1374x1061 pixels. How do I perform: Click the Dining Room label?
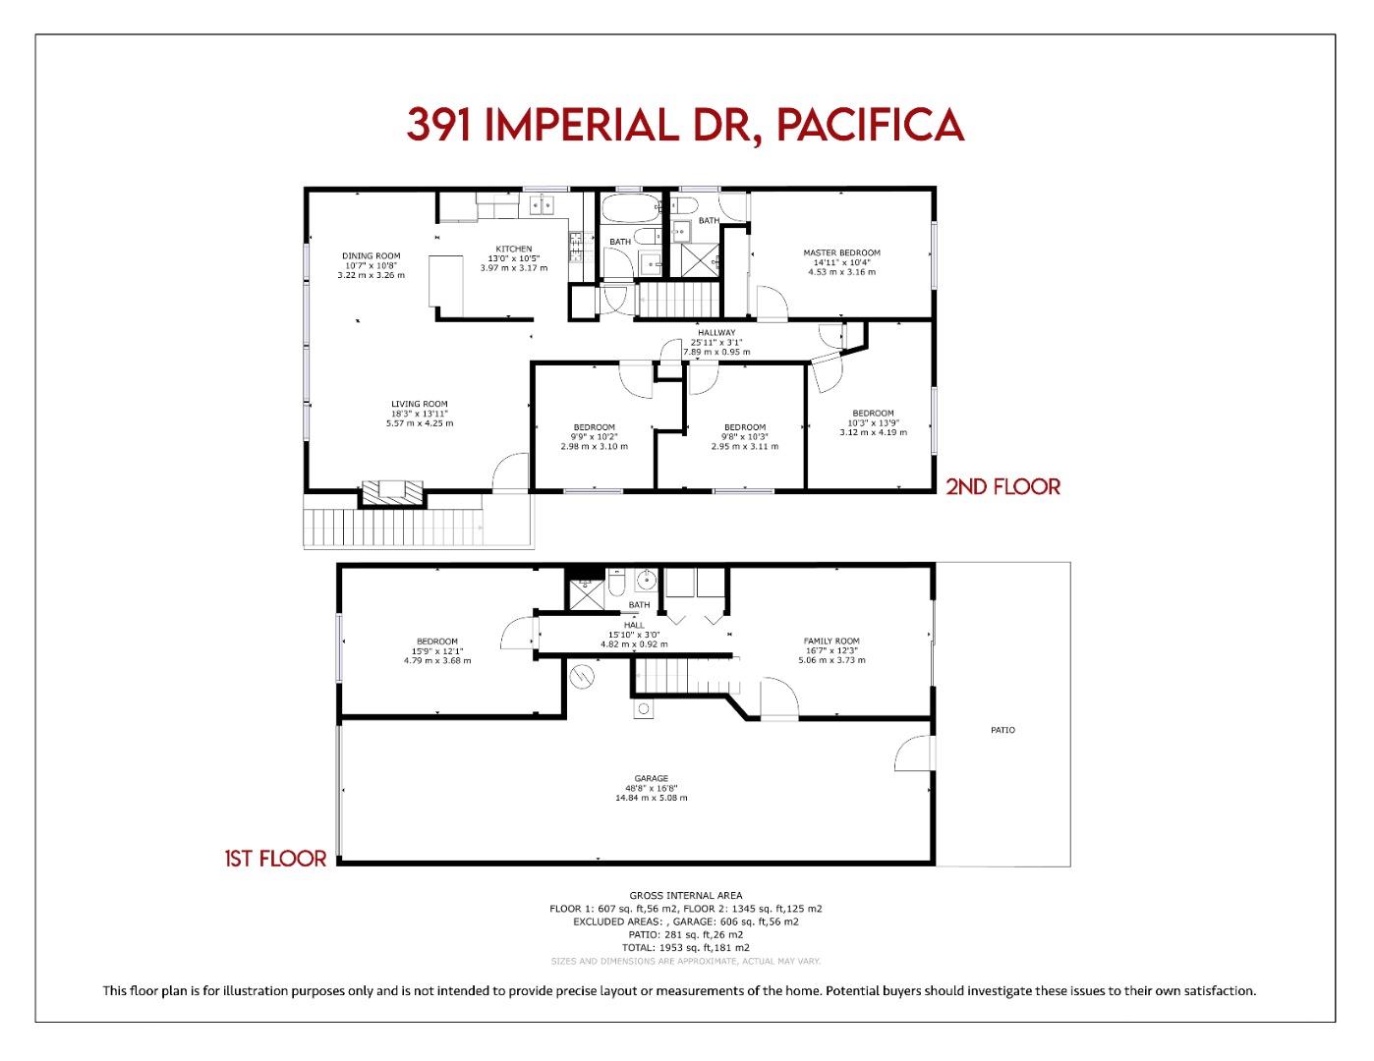click(x=371, y=255)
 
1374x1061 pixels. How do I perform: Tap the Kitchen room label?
click(x=513, y=249)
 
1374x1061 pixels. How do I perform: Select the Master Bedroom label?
click(x=841, y=252)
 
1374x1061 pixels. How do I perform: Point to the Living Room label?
click(x=420, y=404)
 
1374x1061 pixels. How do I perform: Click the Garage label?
click(x=651, y=778)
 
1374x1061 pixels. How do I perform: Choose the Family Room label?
click(x=831, y=641)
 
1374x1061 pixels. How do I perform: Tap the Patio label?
click(x=1002, y=730)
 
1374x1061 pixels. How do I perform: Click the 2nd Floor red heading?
click(x=1002, y=486)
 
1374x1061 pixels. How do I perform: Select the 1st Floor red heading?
click(x=275, y=859)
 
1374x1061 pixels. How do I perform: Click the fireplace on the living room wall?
click(x=392, y=493)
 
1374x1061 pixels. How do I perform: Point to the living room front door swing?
click(x=510, y=473)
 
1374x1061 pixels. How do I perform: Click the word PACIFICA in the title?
click(x=869, y=125)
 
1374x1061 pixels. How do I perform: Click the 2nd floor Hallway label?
click(x=716, y=332)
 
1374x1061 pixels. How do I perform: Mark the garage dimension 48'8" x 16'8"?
click(x=651, y=788)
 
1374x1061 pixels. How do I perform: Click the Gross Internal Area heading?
click(x=686, y=896)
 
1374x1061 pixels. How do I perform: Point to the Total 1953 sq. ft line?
click(x=686, y=947)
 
